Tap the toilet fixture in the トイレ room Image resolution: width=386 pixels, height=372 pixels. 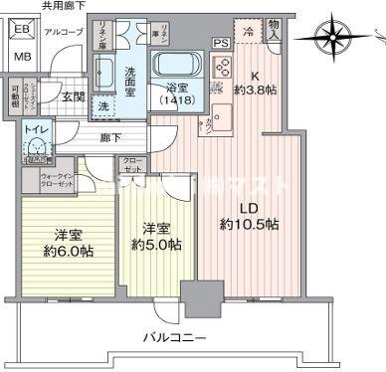tap(36, 148)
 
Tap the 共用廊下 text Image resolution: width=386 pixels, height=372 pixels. tap(63, 6)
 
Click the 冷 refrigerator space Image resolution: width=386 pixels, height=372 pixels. tap(249, 31)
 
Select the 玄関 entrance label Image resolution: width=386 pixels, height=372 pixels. tap(72, 96)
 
